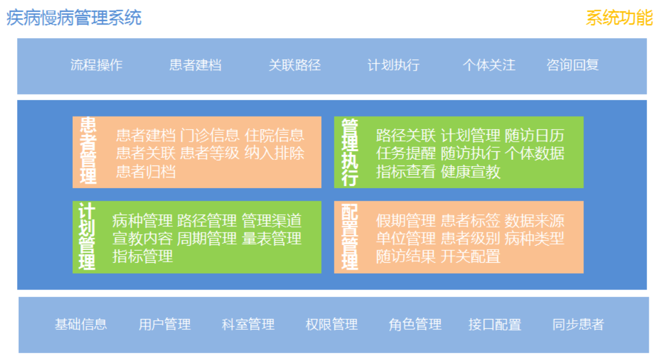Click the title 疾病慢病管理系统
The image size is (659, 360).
[x=74, y=18]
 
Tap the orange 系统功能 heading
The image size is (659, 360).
[x=619, y=18]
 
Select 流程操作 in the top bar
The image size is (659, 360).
[x=96, y=65]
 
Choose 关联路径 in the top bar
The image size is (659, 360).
[x=295, y=65]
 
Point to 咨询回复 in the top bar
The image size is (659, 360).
[x=573, y=65]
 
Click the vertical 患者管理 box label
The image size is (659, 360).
[x=88, y=151]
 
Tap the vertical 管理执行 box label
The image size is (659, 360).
[x=350, y=152]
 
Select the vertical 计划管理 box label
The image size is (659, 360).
[x=86, y=236]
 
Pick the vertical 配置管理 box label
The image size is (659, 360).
[x=350, y=237]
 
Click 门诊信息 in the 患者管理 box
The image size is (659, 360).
[x=210, y=135]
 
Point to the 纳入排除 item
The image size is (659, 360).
[x=275, y=153]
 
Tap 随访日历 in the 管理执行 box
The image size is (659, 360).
[x=534, y=135]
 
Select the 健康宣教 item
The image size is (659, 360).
[x=471, y=172]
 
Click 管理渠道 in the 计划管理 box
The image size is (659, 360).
[x=271, y=220]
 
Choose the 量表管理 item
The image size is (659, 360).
[x=271, y=238]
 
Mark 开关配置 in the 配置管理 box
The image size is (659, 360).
[x=471, y=256]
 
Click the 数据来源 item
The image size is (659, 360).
[x=534, y=220]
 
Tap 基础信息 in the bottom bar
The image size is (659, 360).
[x=81, y=324]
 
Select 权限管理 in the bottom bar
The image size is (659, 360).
[x=331, y=324]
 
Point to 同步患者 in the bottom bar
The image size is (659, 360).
[x=578, y=324]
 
